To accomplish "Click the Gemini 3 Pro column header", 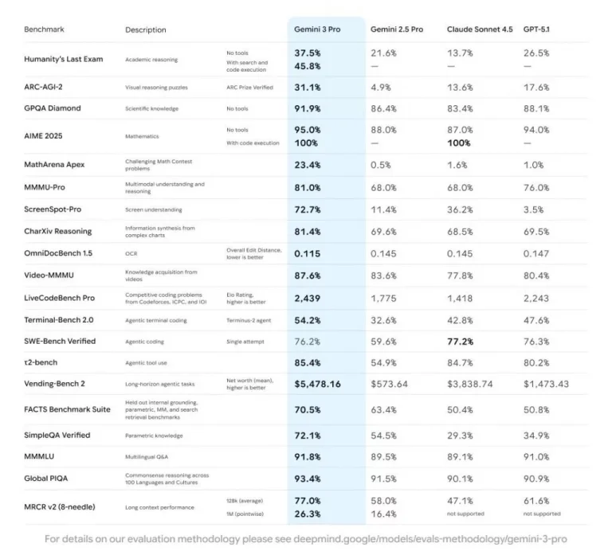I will coord(319,29).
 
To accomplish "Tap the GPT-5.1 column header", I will coord(542,29).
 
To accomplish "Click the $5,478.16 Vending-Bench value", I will coord(318,384).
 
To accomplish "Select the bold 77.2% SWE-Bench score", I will coord(461,341).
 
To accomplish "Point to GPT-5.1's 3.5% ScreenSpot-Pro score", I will coord(534,209).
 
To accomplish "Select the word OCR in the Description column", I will coord(131,253).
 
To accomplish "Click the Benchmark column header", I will coord(45,29).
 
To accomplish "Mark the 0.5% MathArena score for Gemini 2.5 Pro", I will coord(381,165).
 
